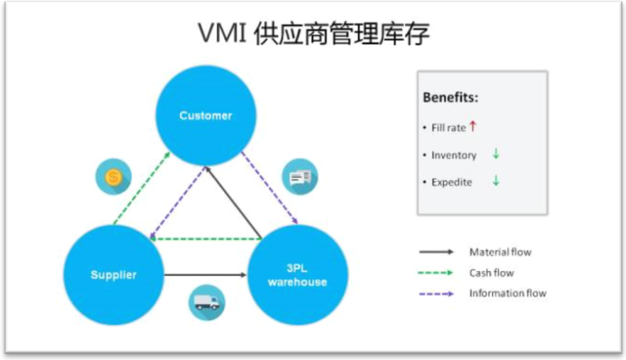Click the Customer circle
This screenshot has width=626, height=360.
pos(205,116)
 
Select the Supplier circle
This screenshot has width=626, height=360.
pos(113,274)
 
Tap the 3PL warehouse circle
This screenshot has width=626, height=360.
pos(297,275)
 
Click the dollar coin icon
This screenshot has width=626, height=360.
pos(112,177)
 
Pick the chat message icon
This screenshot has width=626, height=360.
pos(300,177)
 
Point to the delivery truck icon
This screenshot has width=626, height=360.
pos(206,302)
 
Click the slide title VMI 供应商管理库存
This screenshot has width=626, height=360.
pos(314,34)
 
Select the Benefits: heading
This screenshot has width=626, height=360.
pos(450,98)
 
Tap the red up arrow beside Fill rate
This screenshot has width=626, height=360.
pos(472,126)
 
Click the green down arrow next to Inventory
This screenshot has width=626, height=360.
pos(495,154)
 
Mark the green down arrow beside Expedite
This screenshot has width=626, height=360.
pos(495,181)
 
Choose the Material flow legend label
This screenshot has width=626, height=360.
pos(500,252)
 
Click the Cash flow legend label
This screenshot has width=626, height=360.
pos(492,273)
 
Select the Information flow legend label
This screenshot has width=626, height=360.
pos(507,293)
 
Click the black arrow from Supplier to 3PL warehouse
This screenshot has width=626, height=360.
pos(205,275)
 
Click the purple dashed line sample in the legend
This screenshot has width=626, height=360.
pos(436,293)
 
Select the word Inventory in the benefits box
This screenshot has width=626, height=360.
pos(453,155)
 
